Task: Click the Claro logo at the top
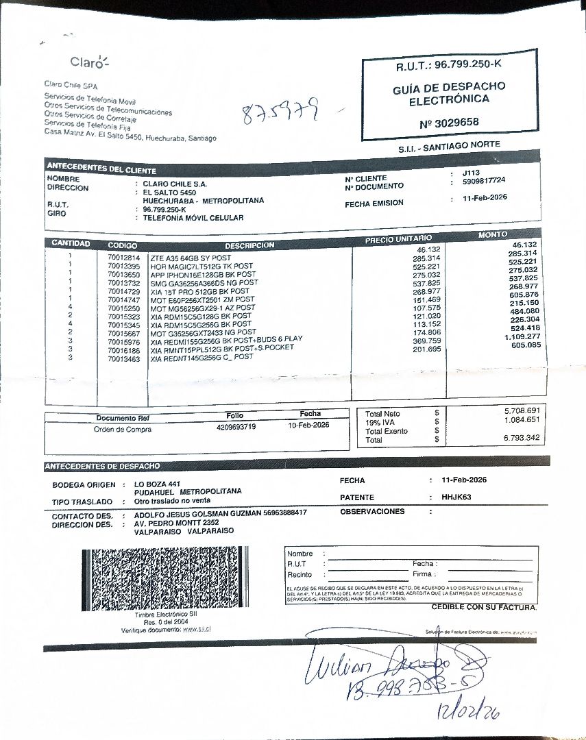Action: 89,62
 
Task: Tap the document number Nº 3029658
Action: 449,123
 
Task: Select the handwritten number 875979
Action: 282,111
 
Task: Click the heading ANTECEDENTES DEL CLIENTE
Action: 101,169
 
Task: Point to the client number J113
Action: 472,173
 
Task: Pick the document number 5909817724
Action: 484,181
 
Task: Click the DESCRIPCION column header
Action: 249,245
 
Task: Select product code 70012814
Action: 123,258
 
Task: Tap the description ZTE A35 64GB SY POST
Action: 191,258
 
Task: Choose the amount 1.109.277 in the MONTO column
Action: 522,337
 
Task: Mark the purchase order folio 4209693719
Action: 236,427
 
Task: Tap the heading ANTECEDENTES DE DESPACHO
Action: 102,467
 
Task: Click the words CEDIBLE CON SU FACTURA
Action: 484,607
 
